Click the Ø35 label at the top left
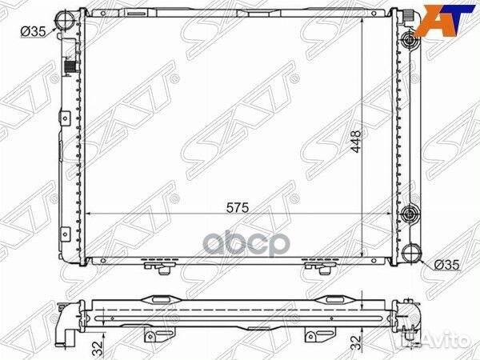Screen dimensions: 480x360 click(x=33, y=31)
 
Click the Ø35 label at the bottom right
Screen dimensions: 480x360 click(x=447, y=265)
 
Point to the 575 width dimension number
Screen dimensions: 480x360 click(x=238, y=208)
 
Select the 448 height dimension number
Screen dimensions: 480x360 click(x=356, y=142)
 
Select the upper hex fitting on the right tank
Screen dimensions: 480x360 click(x=410, y=39)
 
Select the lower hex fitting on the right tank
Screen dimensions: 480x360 click(x=410, y=213)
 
